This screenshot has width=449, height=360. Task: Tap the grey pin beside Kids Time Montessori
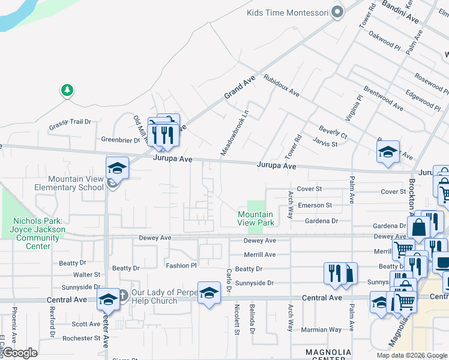coord(337,12)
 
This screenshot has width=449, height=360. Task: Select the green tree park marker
coord(67,91)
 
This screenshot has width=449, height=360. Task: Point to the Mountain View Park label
coord(255,218)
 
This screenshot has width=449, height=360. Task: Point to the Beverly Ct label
coord(333,132)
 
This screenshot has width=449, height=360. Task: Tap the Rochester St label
coord(82,338)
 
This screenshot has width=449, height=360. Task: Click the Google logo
coord(20,353)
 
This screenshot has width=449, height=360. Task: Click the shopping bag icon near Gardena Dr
coord(418,227)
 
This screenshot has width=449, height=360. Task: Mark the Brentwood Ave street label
coord(383,100)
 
